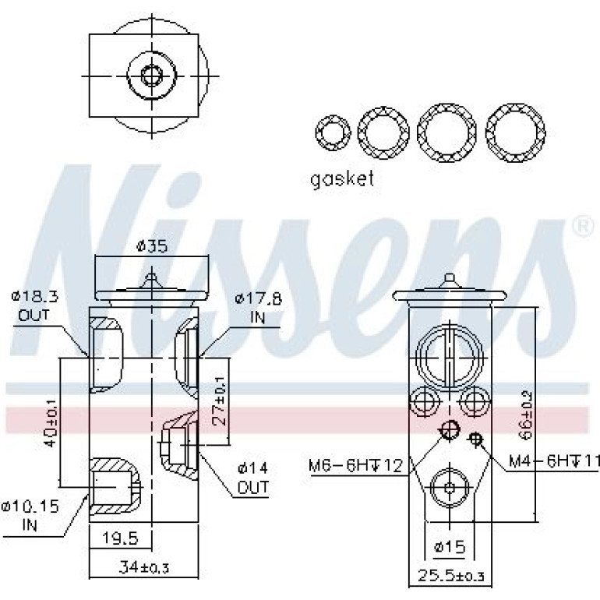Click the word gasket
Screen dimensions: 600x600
pos(342,178)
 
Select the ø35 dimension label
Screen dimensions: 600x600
pos(152,245)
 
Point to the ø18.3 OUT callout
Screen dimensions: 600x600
pos(34,305)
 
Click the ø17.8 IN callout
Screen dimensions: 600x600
pos(258,307)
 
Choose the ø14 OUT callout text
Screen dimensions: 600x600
pos(253,477)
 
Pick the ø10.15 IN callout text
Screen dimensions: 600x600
pos(30,515)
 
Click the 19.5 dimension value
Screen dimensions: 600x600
pos(120,538)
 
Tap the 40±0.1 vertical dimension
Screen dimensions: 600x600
pos(51,422)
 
